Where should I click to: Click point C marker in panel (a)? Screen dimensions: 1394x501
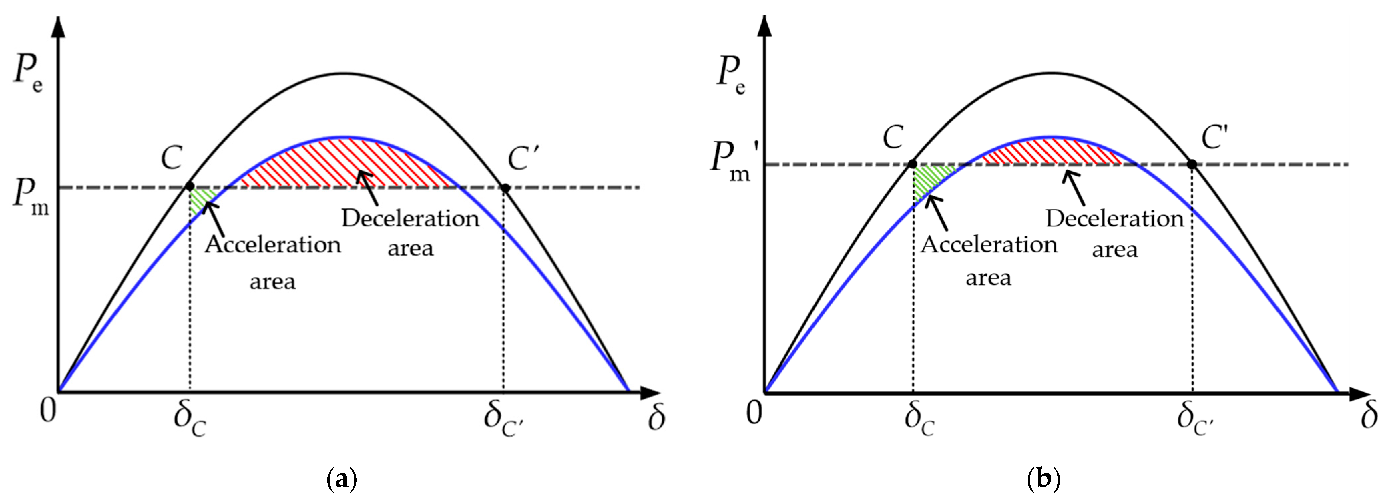click(x=189, y=186)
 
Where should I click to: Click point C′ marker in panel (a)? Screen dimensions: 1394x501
click(x=505, y=188)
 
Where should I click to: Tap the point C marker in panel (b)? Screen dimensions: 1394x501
click(x=912, y=164)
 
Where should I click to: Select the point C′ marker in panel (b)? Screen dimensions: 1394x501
click(x=1192, y=164)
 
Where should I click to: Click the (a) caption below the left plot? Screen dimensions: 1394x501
click(x=342, y=479)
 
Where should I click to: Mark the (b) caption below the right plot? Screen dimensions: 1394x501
click(x=1044, y=479)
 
